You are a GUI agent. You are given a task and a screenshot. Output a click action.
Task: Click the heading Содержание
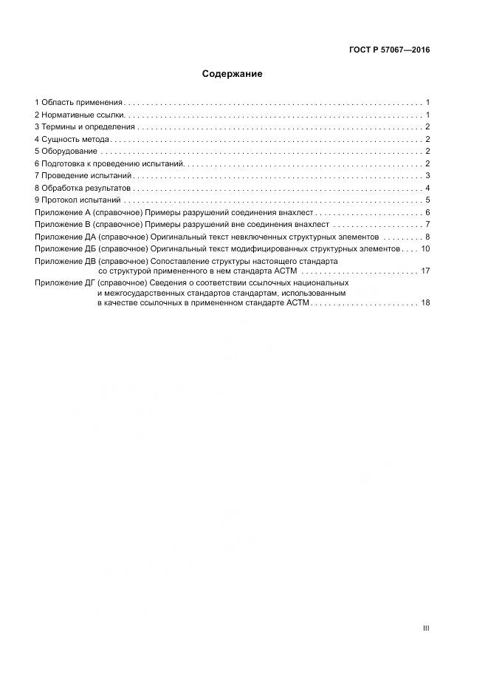point(232,74)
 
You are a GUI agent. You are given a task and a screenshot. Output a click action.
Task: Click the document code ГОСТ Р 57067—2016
point(389,50)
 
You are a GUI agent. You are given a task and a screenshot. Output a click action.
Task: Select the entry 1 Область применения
point(79,103)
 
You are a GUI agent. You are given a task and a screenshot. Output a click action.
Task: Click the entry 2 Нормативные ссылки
point(80,115)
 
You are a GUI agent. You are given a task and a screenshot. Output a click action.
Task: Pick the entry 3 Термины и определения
point(85,127)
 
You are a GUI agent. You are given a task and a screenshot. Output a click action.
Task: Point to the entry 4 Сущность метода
point(72,139)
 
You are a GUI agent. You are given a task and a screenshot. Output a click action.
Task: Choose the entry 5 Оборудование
point(66,152)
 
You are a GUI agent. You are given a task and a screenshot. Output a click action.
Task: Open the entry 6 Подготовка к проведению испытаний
point(109,163)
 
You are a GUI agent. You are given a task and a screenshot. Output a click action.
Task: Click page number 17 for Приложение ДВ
point(425,271)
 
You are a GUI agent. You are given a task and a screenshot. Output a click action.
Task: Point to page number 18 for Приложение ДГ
point(425,302)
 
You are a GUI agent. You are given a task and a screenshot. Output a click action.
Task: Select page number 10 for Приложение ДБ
point(425,249)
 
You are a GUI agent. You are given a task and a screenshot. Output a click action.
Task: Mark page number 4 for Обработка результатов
point(427,188)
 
